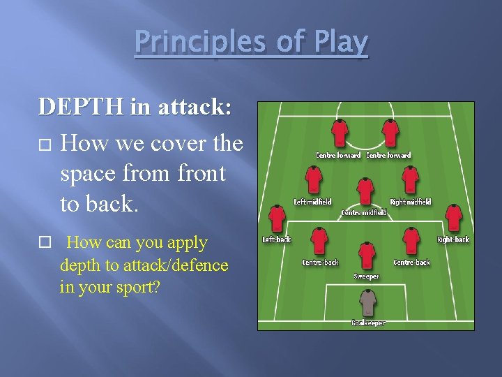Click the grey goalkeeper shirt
(367, 303)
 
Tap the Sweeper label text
(367, 276)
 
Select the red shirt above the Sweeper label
(367, 256)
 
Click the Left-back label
(277, 239)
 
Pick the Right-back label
(453, 239)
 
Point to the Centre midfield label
(363, 212)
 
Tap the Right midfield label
(411, 202)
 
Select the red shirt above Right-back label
(453, 218)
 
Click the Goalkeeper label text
(368, 323)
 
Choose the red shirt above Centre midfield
(364, 190)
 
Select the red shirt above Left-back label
(277, 218)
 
